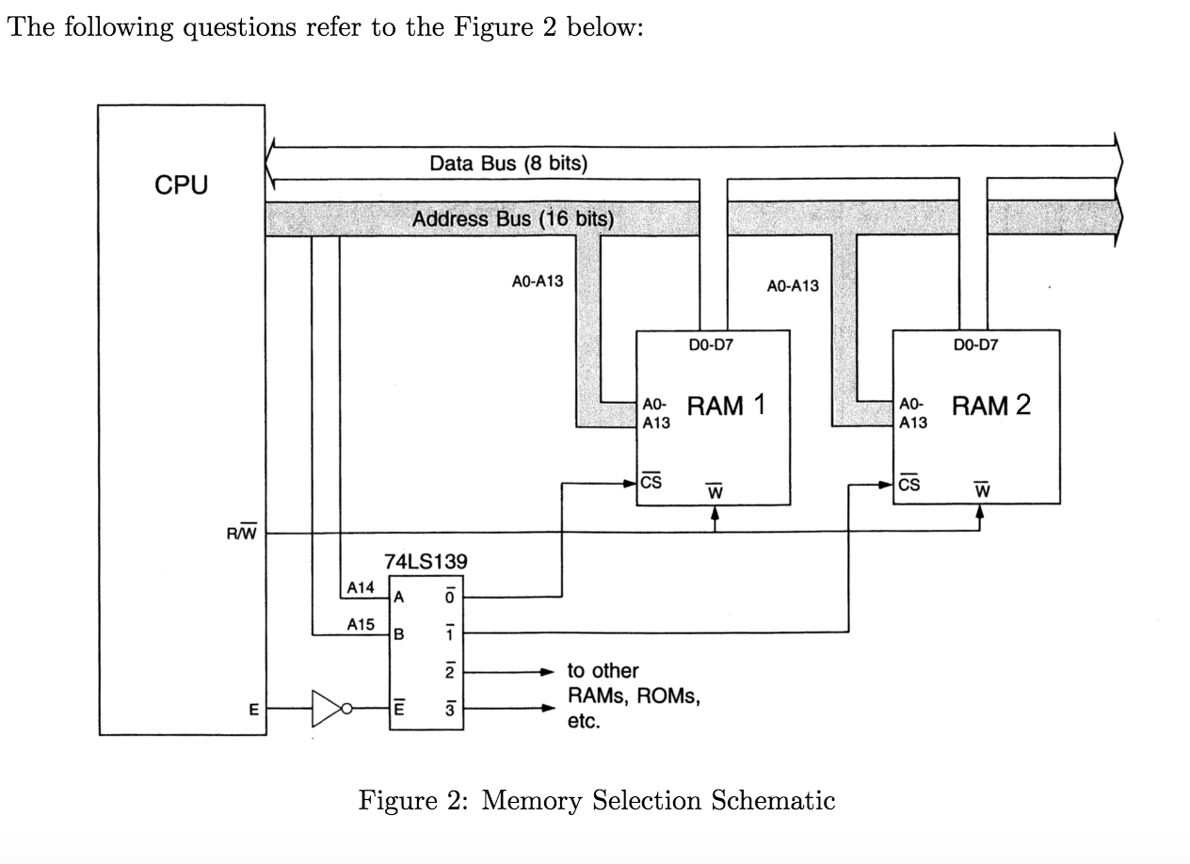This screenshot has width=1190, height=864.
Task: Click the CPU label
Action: pyautogui.click(x=181, y=184)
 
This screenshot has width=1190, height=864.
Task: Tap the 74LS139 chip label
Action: pyautogui.click(x=426, y=561)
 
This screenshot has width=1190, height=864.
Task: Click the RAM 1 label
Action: pyautogui.click(x=726, y=406)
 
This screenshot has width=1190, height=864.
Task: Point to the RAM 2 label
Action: pyautogui.click(x=990, y=406)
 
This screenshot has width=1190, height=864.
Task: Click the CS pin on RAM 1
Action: pyautogui.click(x=651, y=483)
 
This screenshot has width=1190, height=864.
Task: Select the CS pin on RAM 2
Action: pyautogui.click(x=909, y=484)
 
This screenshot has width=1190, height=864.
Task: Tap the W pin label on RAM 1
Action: pyautogui.click(x=714, y=489)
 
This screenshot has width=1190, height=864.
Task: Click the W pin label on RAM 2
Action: pyautogui.click(x=981, y=489)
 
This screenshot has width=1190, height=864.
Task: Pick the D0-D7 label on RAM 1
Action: pyautogui.click(x=711, y=345)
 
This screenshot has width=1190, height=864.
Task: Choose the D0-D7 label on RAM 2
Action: pyautogui.click(x=975, y=345)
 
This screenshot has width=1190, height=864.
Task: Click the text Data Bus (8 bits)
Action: pyautogui.click(x=508, y=163)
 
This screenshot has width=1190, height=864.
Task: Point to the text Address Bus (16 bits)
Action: pyautogui.click(x=513, y=219)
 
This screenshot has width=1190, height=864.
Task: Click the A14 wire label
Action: pyautogui.click(x=361, y=587)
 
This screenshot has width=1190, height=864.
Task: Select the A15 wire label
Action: pyautogui.click(x=361, y=623)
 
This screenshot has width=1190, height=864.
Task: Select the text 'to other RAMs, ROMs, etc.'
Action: pyautogui.click(x=631, y=696)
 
